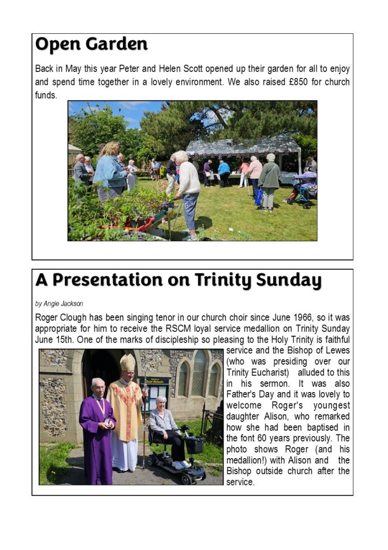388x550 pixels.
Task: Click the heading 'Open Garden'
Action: pyautogui.click(x=91, y=45)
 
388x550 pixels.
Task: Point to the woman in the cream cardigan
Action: pyautogui.click(x=188, y=187)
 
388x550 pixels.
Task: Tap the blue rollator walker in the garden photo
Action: pyautogui.click(x=303, y=187)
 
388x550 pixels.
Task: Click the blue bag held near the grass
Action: pyautogui.click(x=259, y=196)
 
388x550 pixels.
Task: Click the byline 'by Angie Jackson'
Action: pyautogui.click(x=59, y=303)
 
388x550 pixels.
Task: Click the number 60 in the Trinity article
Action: pyautogui.click(x=255, y=438)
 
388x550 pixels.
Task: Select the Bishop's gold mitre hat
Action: pyautogui.click(x=127, y=363)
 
